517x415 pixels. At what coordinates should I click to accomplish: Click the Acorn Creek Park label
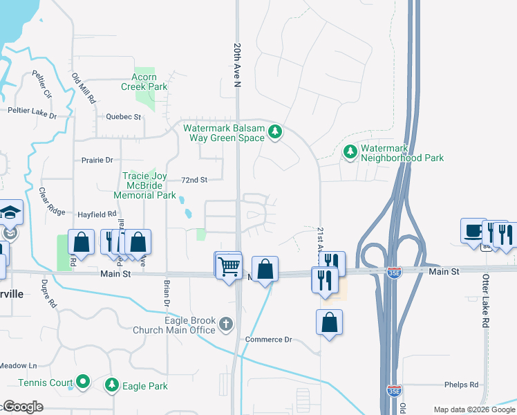(144, 82)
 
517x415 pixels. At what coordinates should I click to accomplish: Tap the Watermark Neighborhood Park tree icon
(350, 151)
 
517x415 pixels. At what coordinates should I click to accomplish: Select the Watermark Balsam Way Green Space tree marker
(275, 131)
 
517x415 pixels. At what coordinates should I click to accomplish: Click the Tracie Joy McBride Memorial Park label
(149, 185)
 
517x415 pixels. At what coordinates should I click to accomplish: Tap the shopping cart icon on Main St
(229, 265)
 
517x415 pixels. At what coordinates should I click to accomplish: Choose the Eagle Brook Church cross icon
(226, 323)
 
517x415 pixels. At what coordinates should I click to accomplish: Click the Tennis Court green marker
(83, 380)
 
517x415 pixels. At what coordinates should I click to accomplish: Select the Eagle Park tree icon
(111, 384)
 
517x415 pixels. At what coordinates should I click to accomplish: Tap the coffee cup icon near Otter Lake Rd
(473, 230)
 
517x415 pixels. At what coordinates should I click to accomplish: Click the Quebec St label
(124, 117)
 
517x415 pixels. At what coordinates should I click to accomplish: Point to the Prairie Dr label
(97, 160)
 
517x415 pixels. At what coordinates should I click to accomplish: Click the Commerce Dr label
(269, 340)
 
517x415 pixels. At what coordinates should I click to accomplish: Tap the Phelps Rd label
(462, 385)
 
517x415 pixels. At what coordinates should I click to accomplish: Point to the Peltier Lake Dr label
(31, 112)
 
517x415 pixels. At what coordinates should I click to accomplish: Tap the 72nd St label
(194, 180)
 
